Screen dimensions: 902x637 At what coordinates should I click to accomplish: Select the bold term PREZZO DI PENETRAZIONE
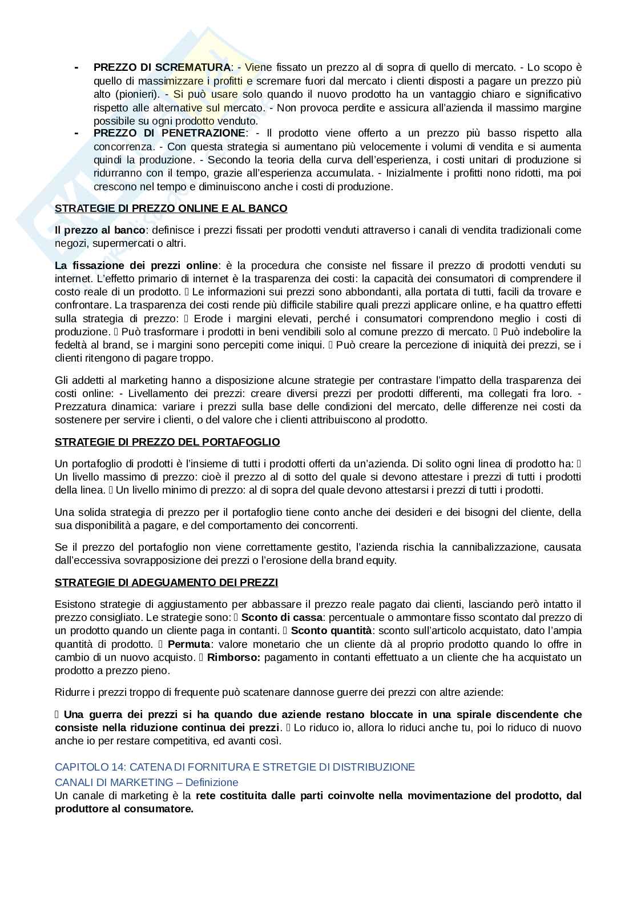(x=169, y=133)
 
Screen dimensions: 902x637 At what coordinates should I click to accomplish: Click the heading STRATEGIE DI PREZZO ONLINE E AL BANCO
(x=171, y=209)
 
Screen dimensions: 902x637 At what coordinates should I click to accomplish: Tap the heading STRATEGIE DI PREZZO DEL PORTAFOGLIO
(x=167, y=442)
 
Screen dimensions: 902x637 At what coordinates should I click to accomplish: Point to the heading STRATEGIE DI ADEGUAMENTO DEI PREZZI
(x=166, y=583)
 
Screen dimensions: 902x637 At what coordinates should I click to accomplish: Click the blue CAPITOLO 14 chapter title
(x=235, y=767)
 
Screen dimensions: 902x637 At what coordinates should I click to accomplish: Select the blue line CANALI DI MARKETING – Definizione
(x=146, y=782)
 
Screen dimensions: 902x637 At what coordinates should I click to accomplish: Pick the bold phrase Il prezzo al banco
(x=100, y=230)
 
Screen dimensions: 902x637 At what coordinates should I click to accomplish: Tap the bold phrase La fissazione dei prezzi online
(x=136, y=266)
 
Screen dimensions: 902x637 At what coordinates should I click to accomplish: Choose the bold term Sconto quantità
(x=331, y=631)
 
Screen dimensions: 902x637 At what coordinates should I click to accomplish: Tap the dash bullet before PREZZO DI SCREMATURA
(x=76, y=67)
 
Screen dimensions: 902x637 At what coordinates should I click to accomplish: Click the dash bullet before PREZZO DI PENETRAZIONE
(x=76, y=133)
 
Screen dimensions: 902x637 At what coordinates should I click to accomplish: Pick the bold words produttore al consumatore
(x=124, y=809)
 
